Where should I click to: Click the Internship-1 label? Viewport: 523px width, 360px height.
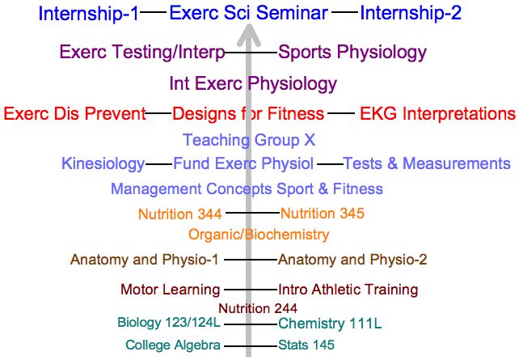[88, 14]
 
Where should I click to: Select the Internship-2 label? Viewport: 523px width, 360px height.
[411, 14]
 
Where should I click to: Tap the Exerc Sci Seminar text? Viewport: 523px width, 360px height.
[248, 13]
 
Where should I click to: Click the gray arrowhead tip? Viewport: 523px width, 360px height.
[248, 24]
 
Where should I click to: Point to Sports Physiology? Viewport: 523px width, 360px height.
[352, 53]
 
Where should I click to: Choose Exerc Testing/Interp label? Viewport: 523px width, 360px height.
[142, 53]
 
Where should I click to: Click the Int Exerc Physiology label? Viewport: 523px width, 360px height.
[253, 83]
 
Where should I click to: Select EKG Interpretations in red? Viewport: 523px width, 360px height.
[437, 113]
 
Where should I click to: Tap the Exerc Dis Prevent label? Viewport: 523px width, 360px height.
[74, 113]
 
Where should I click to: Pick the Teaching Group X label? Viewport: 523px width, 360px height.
[249, 140]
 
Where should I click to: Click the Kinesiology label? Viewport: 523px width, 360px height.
[103, 164]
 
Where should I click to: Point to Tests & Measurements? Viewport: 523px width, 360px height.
[427, 163]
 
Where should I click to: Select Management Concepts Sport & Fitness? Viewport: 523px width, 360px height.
[247, 189]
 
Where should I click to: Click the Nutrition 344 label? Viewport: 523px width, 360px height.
[180, 214]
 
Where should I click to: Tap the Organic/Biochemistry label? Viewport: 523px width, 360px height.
[259, 235]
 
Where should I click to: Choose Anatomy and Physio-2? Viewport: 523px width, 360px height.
[352, 260]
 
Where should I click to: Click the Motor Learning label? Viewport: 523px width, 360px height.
[171, 290]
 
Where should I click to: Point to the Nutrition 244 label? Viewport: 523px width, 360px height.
[258, 308]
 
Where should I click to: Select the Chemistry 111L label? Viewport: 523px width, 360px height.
[330, 324]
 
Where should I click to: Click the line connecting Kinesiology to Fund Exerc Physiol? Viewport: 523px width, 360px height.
[159, 164]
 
